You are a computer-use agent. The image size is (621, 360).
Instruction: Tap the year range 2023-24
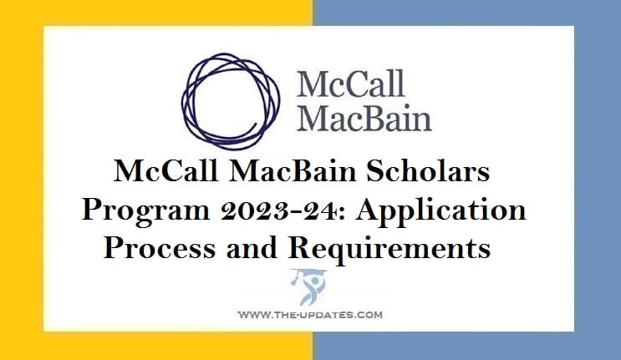coord(276,211)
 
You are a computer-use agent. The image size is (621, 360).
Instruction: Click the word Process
coord(156,246)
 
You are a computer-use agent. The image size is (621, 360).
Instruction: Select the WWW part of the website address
coord(252,315)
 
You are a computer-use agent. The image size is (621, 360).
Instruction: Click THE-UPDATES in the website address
coord(311,315)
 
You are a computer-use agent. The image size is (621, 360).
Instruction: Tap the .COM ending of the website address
coord(368,315)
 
